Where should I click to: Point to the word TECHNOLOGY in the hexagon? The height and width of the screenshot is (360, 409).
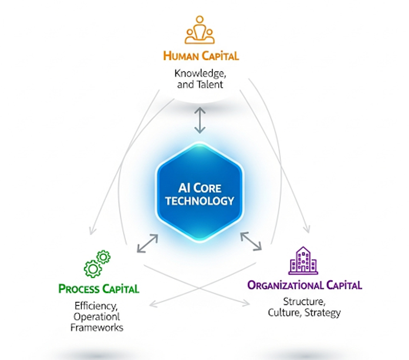pyautogui.click(x=200, y=201)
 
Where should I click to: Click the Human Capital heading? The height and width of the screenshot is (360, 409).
pyautogui.click(x=201, y=55)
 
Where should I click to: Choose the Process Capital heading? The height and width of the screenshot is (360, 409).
pyautogui.click(x=99, y=289)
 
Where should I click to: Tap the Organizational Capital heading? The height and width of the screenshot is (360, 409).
pyautogui.click(x=305, y=285)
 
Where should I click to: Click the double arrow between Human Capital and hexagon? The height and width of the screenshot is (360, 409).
pyautogui.click(x=199, y=121)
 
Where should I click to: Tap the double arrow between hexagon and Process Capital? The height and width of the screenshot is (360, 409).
pyautogui.click(x=147, y=243)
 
